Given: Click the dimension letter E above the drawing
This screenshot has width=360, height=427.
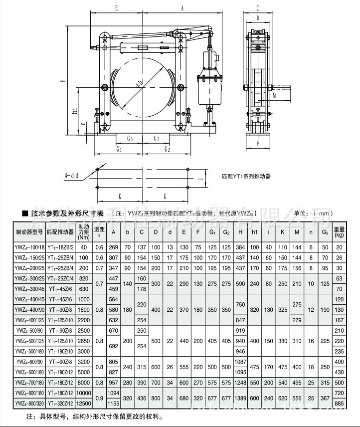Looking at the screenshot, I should [x=116, y=8].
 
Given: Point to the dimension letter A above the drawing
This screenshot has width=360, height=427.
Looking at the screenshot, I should [x=182, y=8].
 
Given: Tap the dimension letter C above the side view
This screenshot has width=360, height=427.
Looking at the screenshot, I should [x=257, y=8].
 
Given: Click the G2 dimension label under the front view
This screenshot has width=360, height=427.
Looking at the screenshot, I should [x=167, y=149].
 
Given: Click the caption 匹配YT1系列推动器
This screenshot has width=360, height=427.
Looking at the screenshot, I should [x=246, y=176].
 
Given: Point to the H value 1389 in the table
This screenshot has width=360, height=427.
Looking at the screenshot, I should [x=241, y=398].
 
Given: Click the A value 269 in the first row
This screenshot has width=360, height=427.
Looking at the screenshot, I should [x=114, y=247].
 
